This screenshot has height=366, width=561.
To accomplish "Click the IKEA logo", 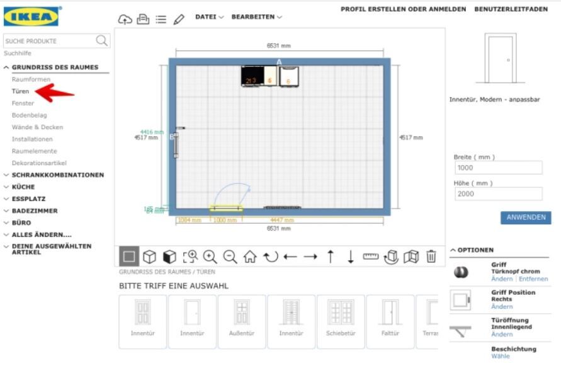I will click(x=31, y=16).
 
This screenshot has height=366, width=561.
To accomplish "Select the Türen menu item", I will click(x=20, y=91).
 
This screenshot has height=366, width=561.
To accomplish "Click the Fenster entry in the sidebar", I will click(x=23, y=103).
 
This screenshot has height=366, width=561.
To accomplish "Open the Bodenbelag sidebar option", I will click(x=28, y=115).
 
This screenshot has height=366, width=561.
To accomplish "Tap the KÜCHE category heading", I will click(x=23, y=187).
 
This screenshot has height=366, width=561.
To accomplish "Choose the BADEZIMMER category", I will click(x=35, y=211).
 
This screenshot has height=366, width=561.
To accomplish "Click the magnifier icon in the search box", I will click(x=101, y=41).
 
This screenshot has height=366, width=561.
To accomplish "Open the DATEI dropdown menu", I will click(x=209, y=17).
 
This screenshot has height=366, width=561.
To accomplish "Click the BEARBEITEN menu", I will click(x=256, y=17).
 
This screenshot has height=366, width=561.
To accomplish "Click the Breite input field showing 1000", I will click(x=497, y=168).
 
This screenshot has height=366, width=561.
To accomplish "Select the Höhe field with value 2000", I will click(x=497, y=194).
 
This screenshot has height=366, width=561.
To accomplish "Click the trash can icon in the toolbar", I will click(x=431, y=256).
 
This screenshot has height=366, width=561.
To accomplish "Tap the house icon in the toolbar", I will click(x=250, y=256).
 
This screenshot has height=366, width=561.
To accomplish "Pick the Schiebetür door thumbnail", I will click(x=341, y=321).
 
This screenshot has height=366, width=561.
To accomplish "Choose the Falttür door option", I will click(x=390, y=321).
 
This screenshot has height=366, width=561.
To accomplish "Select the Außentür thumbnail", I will click(x=242, y=321).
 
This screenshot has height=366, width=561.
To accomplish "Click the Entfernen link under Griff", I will click(x=533, y=279).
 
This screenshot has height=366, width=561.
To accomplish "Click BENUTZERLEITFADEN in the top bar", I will click(x=511, y=9).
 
